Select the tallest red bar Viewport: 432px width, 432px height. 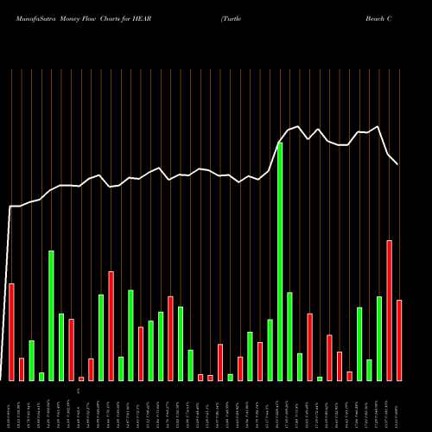(390, 310)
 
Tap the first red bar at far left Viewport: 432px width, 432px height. (11, 332)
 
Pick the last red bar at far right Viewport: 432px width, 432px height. (399, 340)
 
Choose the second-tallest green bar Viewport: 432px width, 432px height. (51, 315)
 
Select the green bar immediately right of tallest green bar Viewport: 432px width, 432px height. (289, 336)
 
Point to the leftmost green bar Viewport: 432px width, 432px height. (31, 360)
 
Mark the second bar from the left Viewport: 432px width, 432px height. (22, 369)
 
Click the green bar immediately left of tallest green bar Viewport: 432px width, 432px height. (270, 350)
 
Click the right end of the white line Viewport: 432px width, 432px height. (398, 164)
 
